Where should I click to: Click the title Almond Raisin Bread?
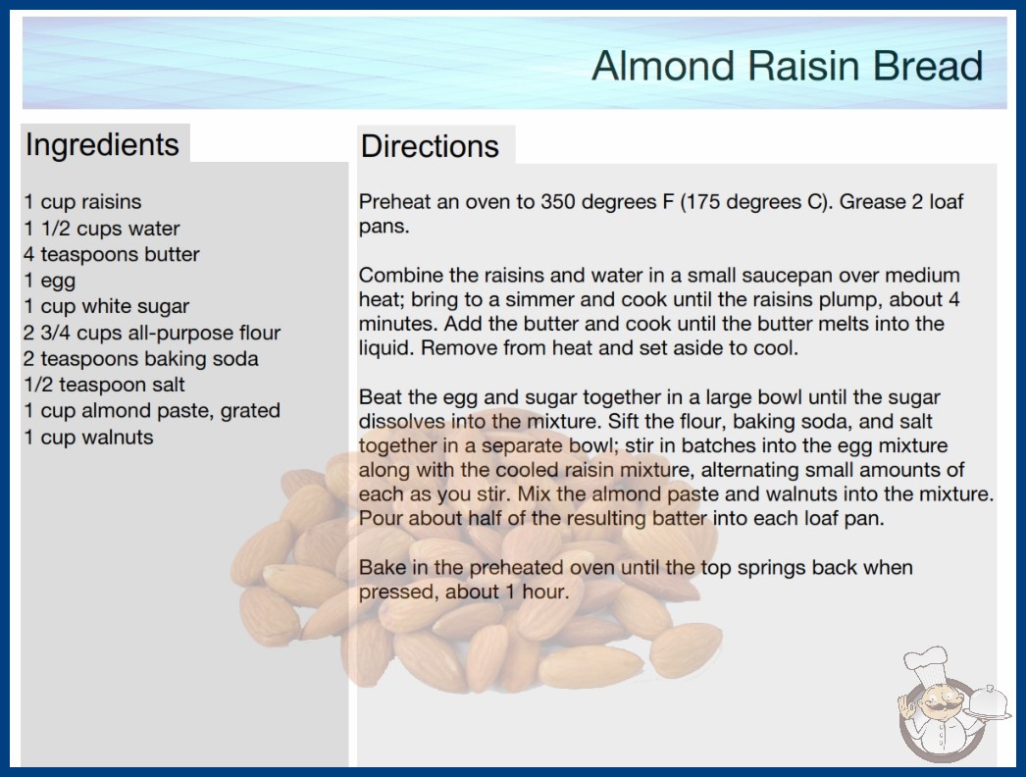tap(788, 66)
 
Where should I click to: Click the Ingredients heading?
tap(102, 145)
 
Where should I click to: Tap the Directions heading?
tap(430, 146)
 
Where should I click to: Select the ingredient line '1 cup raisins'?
tap(82, 202)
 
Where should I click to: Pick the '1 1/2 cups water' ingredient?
tap(101, 229)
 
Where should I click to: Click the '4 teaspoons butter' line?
tap(111, 254)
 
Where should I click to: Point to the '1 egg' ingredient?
tap(50, 281)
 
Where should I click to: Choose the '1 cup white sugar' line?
tap(107, 306)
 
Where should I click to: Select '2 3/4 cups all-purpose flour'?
tap(152, 333)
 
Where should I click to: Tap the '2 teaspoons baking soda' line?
tap(140, 359)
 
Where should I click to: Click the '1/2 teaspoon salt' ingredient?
tap(104, 385)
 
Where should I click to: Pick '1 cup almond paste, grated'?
tap(152, 410)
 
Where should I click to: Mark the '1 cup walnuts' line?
tap(88, 437)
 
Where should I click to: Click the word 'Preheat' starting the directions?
tap(394, 202)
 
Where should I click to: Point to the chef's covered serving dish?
tap(988, 703)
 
